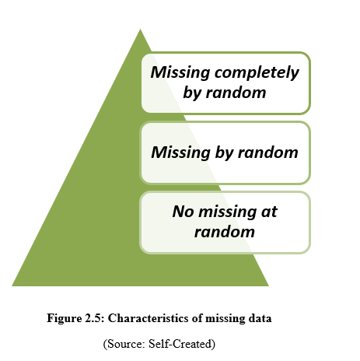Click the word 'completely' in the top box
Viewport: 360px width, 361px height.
[257, 73]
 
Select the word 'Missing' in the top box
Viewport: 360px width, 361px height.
[180, 72]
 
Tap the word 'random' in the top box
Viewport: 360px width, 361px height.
[236, 93]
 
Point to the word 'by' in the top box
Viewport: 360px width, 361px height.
[191, 93]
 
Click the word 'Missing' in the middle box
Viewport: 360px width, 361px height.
[180, 152]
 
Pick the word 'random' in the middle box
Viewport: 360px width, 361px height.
[268, 152]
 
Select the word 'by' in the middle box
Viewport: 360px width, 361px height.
[224, 153]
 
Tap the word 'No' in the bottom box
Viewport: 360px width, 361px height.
[183, 212]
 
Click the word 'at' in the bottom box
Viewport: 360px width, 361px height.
[269, 212]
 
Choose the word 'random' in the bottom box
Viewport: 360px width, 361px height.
[225, 232]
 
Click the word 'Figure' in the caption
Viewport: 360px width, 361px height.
[64, 318]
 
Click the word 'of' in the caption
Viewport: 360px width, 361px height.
[197, 318]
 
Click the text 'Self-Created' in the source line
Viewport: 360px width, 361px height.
[182, 344]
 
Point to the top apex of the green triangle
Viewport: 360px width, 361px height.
[140, 29]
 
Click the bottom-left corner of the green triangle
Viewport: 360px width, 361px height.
[12, 286]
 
